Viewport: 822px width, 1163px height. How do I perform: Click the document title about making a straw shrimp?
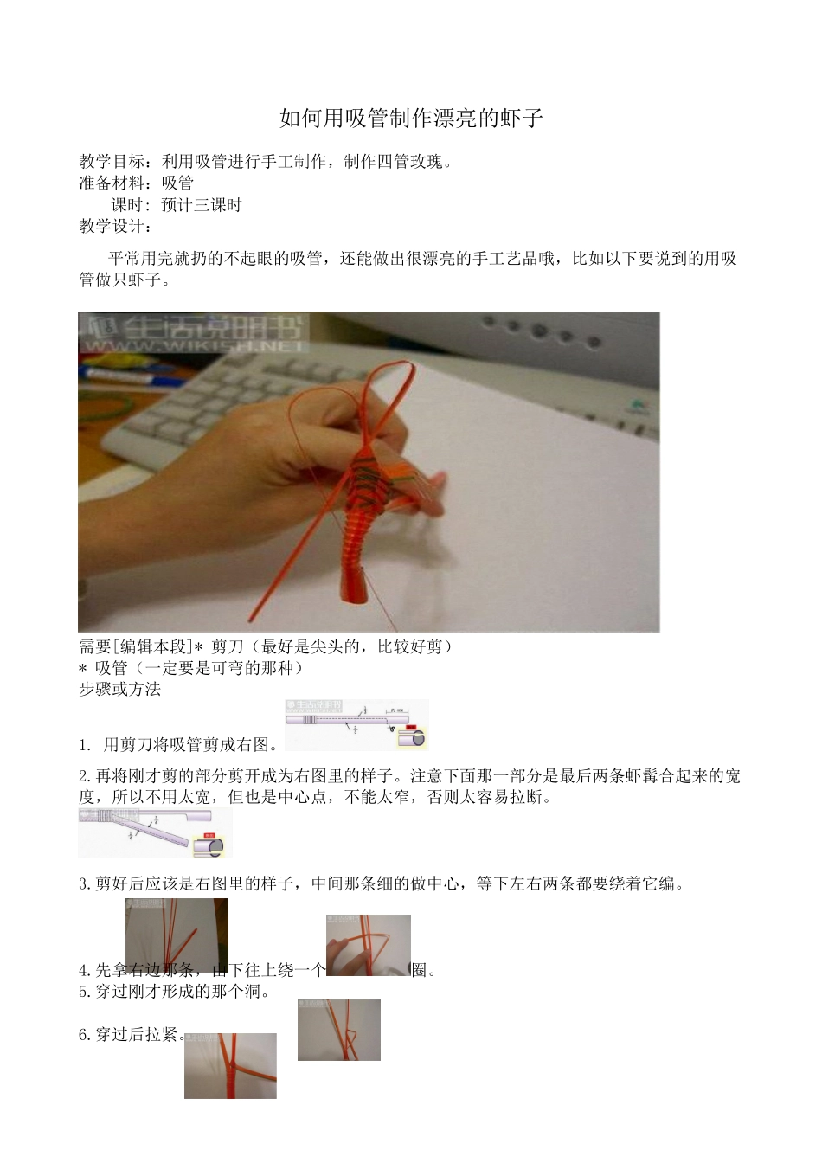pos(411,119)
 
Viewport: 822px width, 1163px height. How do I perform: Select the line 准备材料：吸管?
pos(137,183)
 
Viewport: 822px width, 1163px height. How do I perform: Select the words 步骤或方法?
pos(119,690)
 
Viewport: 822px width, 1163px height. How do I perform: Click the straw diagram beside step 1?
pos(356,724)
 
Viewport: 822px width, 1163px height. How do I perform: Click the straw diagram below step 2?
pos(155,833)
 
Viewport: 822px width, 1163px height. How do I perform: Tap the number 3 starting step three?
pos(83,884)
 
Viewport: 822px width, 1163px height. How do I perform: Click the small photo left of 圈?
pos(368,945)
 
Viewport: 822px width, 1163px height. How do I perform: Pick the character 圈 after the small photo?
pos(420,971)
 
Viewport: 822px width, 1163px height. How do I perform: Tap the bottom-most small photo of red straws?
pos(230,1065)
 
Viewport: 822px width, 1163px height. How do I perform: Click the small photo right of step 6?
pos(338,1030)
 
